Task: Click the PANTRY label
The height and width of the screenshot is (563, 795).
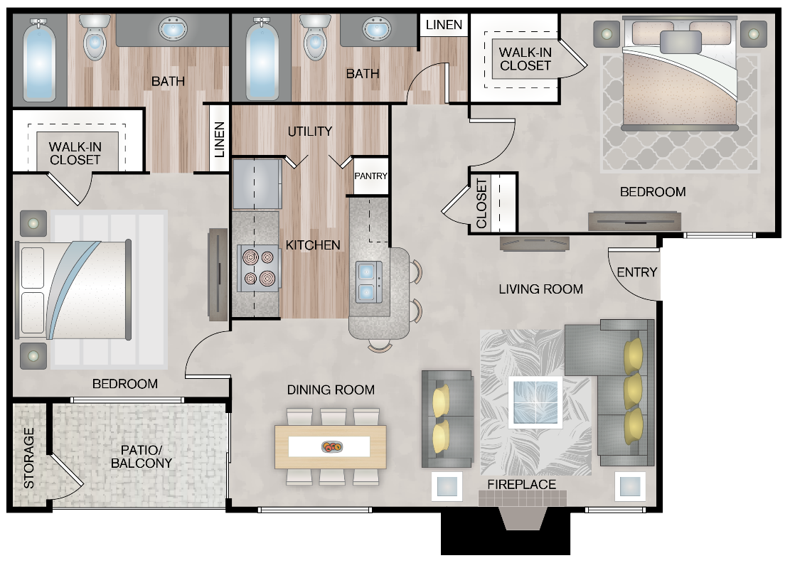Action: tap(371, 176)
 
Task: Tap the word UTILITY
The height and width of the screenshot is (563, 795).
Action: tap(310, 132)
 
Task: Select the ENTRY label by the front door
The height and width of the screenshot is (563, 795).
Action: tap(636, 272)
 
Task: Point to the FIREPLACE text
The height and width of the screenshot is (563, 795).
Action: tap(521, 485)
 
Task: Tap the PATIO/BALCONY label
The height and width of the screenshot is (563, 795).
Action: tap(142, 456)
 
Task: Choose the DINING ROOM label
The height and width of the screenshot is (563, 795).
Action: tap(331, 390)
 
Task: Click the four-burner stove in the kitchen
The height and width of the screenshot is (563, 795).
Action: tap(257, 268)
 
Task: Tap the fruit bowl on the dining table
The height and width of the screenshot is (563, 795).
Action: tap(331, 446)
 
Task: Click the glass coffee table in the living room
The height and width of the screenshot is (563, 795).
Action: tap(535, 403)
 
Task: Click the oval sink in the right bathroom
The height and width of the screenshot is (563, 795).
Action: tap(376, 30)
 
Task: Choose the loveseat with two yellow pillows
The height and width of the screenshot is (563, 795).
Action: tap(447, 419)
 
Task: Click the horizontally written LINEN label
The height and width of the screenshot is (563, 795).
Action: tap(444, 25)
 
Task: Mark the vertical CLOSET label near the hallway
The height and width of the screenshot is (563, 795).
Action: tap(481, 203)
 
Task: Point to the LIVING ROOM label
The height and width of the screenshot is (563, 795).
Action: tap(540, 289)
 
